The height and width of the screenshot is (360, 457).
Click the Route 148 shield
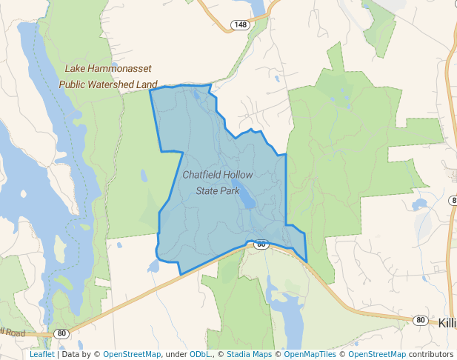tap(240, 25)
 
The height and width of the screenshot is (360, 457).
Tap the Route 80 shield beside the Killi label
tap(421, 320)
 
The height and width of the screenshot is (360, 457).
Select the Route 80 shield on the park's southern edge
tap(261, 244)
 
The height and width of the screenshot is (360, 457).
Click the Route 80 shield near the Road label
tap(61, 334)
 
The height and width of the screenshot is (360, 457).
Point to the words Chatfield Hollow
tap(218, 175)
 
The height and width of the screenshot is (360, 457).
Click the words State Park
tap(218, 190)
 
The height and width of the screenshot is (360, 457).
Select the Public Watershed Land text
tap(108, 84)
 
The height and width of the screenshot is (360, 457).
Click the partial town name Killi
tap(447, 323)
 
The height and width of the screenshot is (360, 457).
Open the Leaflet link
tap(41, 354)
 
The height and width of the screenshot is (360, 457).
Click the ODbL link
tap(200, 354)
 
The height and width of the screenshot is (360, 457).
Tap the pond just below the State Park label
tap(249, 201)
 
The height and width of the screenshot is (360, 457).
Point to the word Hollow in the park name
tap(238, 175)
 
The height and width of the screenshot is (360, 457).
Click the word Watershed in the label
tap(113, 84)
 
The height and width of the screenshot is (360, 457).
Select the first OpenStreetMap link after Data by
tap(131, 354)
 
